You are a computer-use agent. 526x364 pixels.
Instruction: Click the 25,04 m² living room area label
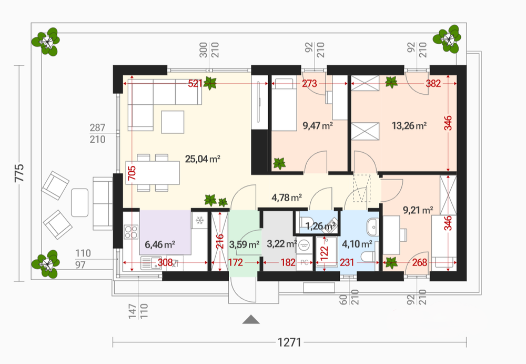[x=203, y=159]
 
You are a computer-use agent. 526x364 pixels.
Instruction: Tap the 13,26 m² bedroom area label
[x=409, y=126]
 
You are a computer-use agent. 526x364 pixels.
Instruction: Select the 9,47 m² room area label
[x=318, y=126]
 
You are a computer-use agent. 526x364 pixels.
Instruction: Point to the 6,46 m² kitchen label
[x=160, y=244]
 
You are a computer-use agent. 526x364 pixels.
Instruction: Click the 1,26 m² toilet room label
[x=321, y=226]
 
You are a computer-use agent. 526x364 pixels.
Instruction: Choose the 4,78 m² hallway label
[x=287, y=198]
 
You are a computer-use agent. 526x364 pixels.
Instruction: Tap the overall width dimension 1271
[x=289, y=342]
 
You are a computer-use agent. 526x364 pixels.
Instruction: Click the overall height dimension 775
[x=19, y=173]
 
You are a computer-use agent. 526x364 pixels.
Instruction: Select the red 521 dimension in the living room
[x=195, y=83]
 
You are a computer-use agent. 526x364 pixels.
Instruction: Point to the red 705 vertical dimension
[x=132, y=173]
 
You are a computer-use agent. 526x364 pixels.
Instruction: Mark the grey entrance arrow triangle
[x=251, y=319]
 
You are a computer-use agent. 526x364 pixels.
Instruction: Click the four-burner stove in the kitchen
[x=131, y=231]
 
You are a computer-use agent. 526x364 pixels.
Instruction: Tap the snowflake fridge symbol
[x=200, y=221]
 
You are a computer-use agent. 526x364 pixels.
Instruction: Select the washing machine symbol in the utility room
[x=304, y=244]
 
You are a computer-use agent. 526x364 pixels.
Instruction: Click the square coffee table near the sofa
[x=173, y=122]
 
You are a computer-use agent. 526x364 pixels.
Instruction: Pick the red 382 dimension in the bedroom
[x=433, y=83]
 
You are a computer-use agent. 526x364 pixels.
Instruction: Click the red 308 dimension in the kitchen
[x=165, y=262]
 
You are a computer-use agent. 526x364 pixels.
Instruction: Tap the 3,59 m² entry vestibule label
[x=244, y=244]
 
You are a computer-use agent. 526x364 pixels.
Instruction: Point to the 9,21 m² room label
[x=418, y=210]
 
